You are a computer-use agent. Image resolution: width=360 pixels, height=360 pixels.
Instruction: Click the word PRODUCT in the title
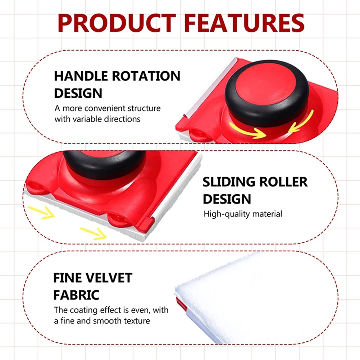[x=117, y=23]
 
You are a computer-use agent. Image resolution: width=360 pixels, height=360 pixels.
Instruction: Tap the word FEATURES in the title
[x=244, y=23]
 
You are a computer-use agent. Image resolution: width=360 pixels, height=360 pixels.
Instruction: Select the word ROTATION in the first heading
[x=146, y=76]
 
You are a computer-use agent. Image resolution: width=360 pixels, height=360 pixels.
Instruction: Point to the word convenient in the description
[x=106, y=108]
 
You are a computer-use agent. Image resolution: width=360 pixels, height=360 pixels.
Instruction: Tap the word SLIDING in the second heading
[x=229, y=182]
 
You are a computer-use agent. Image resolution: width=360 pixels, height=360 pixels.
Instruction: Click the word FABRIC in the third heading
[x=76, y=295]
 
